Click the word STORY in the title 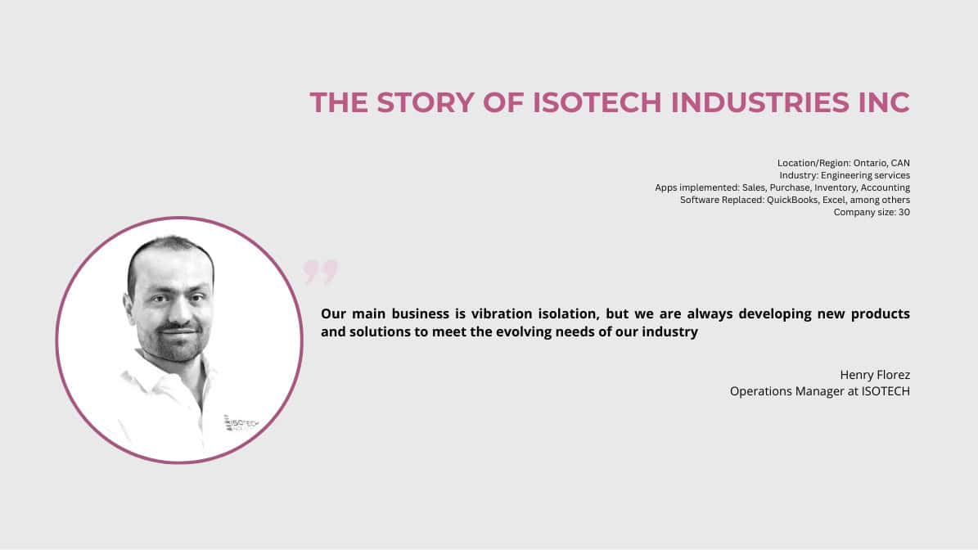point(426,103)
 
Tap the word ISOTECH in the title point(597,103)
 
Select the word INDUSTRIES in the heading point(759,103)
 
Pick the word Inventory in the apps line point(836,187)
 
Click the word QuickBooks point(792,201)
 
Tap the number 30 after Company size point(904,213)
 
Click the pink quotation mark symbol point(321,272)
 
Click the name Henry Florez point(875,375)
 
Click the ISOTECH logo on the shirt point(241,423)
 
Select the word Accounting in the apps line point(885,187)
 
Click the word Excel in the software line point(833,201)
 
